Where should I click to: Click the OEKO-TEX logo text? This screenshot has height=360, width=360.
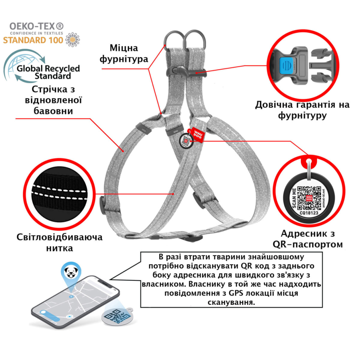[37, 26]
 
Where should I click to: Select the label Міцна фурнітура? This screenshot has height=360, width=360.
[124, 53]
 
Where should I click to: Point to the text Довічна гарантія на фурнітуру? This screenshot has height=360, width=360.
[302, 110]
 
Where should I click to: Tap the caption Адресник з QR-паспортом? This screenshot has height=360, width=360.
[308, 239]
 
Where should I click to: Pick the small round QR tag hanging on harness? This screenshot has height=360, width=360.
[186, 141]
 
